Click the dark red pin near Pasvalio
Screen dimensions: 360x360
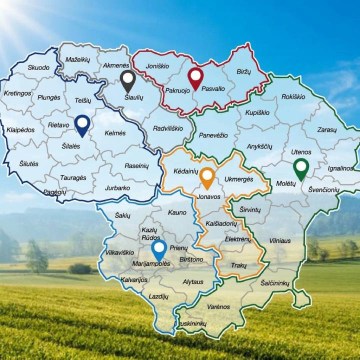[195, 76]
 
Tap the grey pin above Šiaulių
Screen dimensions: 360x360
[126, 79]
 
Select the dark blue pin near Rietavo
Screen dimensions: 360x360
[82, 123]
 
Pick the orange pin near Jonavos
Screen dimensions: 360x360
[207, 178]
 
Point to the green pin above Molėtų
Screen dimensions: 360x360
[300, 167]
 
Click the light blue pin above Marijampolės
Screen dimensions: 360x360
[159, 246]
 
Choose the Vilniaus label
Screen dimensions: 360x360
[281, 240]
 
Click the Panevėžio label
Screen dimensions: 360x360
[212, 133]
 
